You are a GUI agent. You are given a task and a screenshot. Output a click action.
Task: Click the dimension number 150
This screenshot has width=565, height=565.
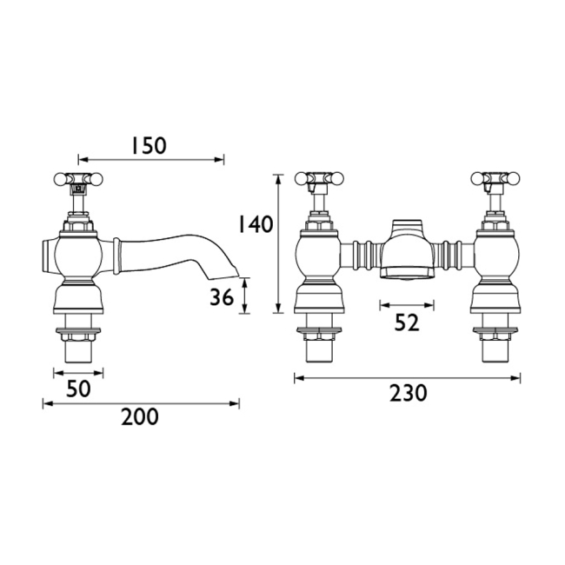click(x=148, y=145)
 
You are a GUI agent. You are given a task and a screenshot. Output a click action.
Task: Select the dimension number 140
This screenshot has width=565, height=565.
click(x=255, y=224)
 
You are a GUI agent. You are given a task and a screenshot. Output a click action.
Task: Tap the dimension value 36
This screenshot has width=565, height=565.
click(x=223, y=297)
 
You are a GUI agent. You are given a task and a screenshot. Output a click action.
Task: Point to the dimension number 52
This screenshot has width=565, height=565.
click(x=407, y=322)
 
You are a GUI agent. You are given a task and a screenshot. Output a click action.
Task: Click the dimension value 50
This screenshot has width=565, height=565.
click(x=79, y=389)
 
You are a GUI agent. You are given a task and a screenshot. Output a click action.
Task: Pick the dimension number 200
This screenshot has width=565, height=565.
click(x=140, y=417)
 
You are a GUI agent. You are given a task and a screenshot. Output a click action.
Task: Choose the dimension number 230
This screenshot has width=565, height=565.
click(x=408, y=393)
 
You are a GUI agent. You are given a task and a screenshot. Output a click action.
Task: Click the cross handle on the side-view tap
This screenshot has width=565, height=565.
click(x=77, y=182)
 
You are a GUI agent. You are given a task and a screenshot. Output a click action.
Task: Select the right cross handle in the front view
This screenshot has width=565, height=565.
click(x=495, y=181)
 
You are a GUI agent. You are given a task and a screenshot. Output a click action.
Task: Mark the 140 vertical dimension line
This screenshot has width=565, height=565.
click(x=279, y=243)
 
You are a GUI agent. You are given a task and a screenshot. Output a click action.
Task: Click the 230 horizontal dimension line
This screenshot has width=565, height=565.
click(x=408, y=378)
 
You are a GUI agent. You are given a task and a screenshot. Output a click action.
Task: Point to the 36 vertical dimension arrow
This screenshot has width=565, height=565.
click(x=246, y=296)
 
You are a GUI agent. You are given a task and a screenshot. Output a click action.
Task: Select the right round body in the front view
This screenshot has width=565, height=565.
click(x=495, y=256)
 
